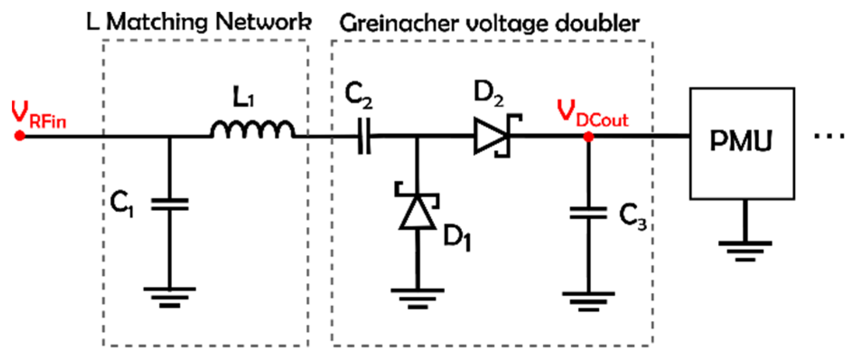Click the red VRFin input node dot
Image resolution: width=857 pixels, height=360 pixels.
point(20,135)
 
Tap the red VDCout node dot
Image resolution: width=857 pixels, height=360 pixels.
point(588,136)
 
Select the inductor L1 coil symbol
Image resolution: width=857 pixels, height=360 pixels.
point(252,130)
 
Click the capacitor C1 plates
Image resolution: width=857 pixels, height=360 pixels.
point(170,204)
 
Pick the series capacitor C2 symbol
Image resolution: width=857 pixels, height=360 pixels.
point(364,136)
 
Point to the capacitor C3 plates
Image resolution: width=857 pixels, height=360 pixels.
point(588,213)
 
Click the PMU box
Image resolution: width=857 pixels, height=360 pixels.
point(742,143)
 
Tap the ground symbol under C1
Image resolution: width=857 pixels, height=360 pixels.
point(170,297)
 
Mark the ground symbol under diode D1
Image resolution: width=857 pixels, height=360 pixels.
point(418,298)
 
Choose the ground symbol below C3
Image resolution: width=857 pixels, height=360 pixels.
point(588,301)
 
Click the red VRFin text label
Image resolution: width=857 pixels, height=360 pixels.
point(39,117)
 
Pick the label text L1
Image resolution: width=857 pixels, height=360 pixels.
point(243,97)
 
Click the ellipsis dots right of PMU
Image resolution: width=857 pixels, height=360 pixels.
point(829,136)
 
